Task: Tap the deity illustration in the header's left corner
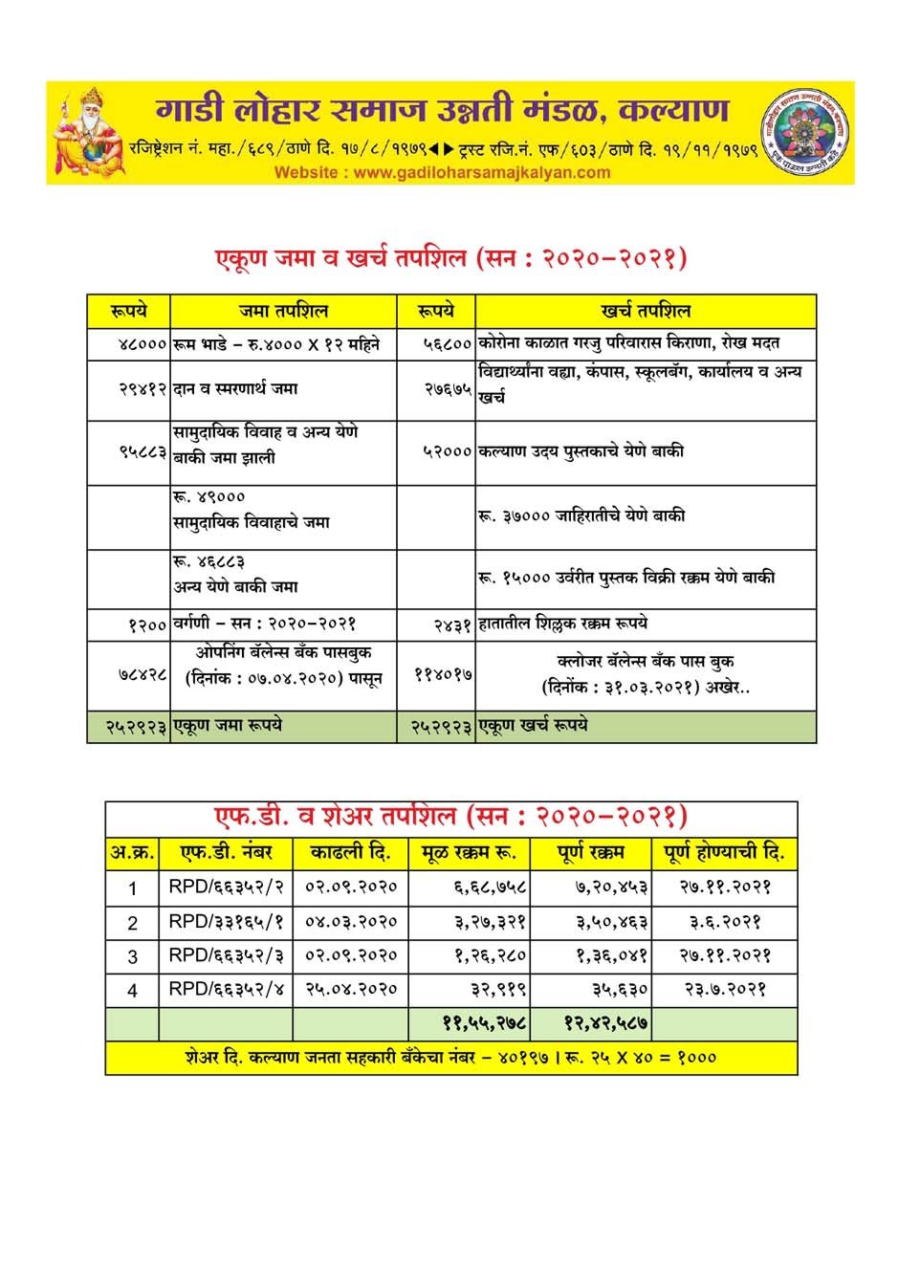click(x=88, y=130)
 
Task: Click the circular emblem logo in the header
click(x=805, y=130)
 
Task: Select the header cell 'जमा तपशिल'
click(x=284, y=311)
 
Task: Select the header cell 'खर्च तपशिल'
click(x=646, y=311)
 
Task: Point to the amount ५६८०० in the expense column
click(x=448, y=343)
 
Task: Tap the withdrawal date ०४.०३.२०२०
click(x=350, y=922)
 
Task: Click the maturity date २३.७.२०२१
click(x=727, y=989)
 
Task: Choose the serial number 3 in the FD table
click(x=133, y=956)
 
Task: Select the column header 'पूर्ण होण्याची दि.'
click(x=724, y=851)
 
